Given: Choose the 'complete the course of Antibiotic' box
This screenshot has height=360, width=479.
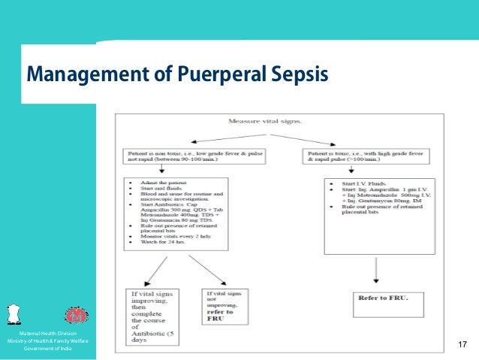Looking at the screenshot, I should coord(155,316).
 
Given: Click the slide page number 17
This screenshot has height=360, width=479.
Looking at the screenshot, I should coord(462,345).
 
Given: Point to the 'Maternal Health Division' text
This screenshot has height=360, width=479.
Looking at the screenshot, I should coord(48,333).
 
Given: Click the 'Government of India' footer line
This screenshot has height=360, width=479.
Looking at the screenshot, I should coord(48,349).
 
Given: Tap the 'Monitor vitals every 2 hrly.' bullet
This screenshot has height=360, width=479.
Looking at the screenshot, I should coord(168,236).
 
